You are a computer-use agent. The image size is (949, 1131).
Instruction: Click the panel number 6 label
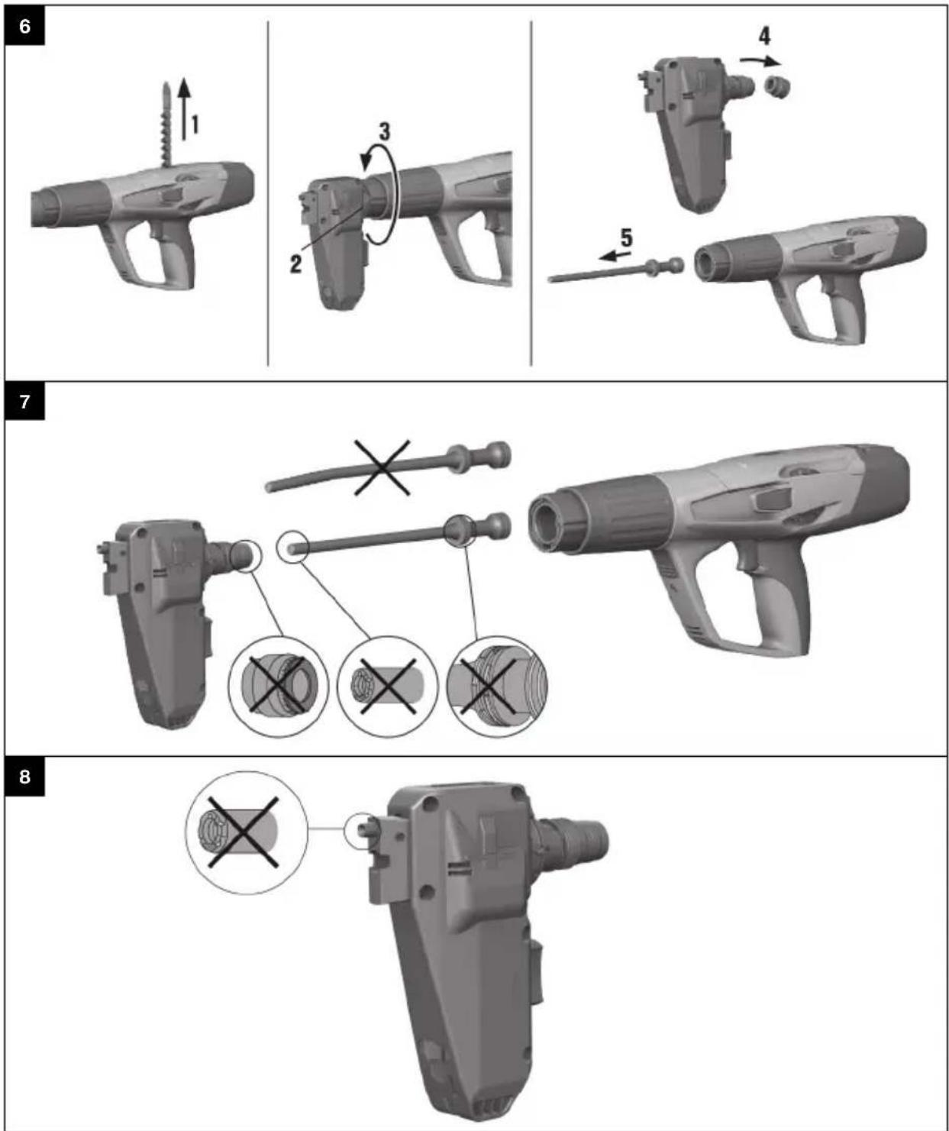point(24,26)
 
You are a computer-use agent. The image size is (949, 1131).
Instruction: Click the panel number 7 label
point(24,401)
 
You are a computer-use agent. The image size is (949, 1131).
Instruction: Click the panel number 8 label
point(24,777)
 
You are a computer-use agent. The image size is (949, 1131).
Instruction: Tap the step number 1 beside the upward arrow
point(195,124)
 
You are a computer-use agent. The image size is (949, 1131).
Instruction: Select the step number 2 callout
point(295,263)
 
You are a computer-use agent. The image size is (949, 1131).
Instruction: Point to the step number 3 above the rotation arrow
point(384,132)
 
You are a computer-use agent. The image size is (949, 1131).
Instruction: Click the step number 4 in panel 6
point(763,35)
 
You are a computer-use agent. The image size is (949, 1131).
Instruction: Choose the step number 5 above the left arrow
point(626,238)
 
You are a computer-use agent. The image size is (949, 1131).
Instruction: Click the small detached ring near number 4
point(776,86)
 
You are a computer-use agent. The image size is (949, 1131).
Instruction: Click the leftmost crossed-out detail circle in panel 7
point(278,685)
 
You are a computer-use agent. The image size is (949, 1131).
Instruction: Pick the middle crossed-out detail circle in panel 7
point(387,685)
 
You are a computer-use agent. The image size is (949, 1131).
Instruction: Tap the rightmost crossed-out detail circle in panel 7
point(496,685)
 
